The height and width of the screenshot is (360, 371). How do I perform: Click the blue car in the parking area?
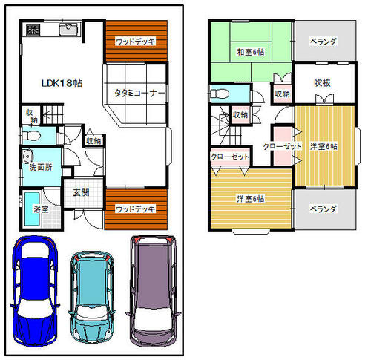34,292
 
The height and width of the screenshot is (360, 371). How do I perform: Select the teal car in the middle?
92,297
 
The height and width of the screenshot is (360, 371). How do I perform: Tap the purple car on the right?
154,291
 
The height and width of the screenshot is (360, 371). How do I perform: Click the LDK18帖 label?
62,83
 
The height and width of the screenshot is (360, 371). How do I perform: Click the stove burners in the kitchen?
33,29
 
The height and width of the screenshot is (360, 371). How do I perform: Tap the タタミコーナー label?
139,94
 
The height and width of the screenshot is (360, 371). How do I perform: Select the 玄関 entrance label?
81,192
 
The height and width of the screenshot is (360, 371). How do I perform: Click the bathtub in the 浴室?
32,209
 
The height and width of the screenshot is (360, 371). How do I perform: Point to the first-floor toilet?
30,135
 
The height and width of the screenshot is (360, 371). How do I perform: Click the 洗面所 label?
41,167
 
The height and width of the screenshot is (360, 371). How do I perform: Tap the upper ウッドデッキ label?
136,41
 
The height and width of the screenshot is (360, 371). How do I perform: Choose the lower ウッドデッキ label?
136,209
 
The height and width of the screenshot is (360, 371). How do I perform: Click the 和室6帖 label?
251,52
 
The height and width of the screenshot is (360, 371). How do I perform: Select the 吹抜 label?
322,83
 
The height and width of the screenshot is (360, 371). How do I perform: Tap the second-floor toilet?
220,94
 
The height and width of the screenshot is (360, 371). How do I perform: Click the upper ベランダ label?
324,41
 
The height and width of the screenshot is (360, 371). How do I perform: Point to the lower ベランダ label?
324,209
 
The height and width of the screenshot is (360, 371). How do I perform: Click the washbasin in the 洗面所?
27,156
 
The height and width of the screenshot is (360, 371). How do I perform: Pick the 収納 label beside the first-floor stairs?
32,116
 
